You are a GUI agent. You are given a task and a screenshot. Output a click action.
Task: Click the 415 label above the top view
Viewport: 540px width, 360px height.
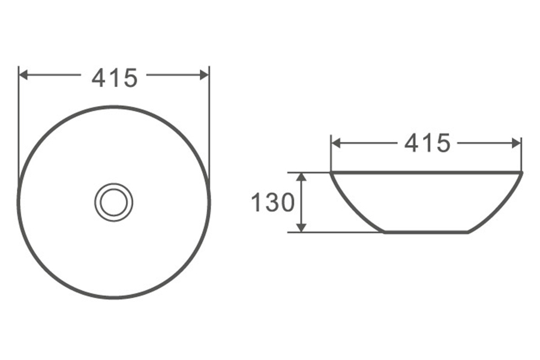[115, 78]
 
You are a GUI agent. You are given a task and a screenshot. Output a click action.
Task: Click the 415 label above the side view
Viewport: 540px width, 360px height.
[427, 143]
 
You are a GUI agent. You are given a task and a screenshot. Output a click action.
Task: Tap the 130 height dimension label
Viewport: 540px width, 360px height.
[273, 202]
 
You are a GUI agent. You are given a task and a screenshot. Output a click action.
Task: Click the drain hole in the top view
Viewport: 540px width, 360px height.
[113, 202]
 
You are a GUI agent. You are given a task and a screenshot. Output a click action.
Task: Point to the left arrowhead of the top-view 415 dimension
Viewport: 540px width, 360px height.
[23, 75]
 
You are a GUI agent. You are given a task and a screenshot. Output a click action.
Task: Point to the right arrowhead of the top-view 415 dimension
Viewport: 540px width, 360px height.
[204, 75]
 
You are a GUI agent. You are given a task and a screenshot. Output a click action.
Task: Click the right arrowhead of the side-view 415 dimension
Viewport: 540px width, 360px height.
[517, 143]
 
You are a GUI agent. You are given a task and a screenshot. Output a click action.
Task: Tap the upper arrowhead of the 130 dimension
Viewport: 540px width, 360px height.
[301, 177]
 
